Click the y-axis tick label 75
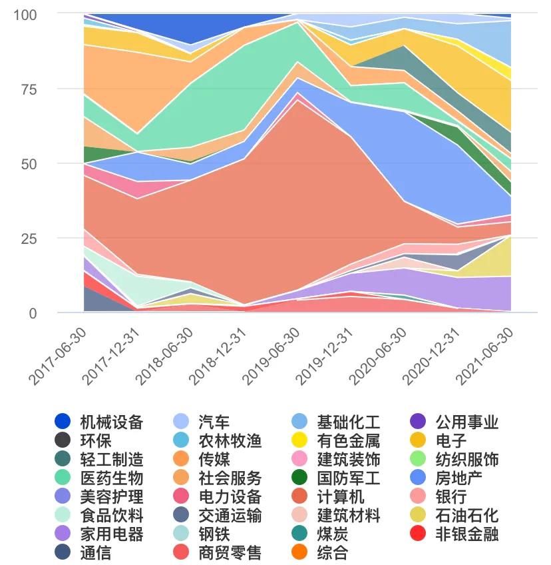[27, 89]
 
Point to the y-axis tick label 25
[27, 239]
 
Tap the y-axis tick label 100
[25, 15]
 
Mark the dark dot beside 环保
[63, 440]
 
